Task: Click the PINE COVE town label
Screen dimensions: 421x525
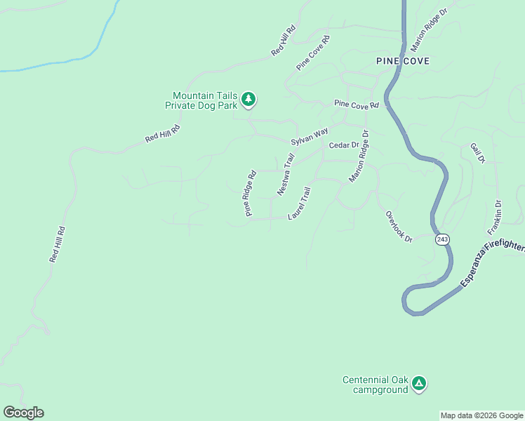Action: [x=402, y=61]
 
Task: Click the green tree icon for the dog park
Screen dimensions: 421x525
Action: [x=248, y=100]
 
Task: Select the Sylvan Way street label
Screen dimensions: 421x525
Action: [x=310, y=135]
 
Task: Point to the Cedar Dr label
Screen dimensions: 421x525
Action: [x=344, y=145]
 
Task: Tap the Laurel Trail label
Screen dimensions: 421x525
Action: [x=299, y=203]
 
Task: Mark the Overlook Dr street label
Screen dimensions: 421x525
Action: [x=398, y=226]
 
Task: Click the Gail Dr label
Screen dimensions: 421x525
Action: [x=478, y=153]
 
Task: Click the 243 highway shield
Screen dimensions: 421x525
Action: [x=441, y=239]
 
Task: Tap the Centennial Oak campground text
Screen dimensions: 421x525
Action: [x=375, y=385]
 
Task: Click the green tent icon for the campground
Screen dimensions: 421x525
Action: [x=419, y=383]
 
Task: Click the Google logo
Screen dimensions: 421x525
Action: [x=23, y=413]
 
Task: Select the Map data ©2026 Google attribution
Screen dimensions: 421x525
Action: [x=481, y=415]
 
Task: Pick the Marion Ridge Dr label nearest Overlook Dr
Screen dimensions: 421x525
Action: [x=358, y=157]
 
